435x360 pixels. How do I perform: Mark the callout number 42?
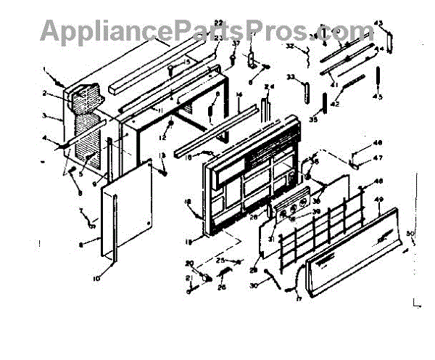coord(335,104)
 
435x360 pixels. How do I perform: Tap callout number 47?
coord(378,157)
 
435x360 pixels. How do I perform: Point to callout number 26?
coord(221,286)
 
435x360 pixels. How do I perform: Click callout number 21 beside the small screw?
coord(188,279)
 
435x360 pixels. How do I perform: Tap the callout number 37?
coord(235,43)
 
